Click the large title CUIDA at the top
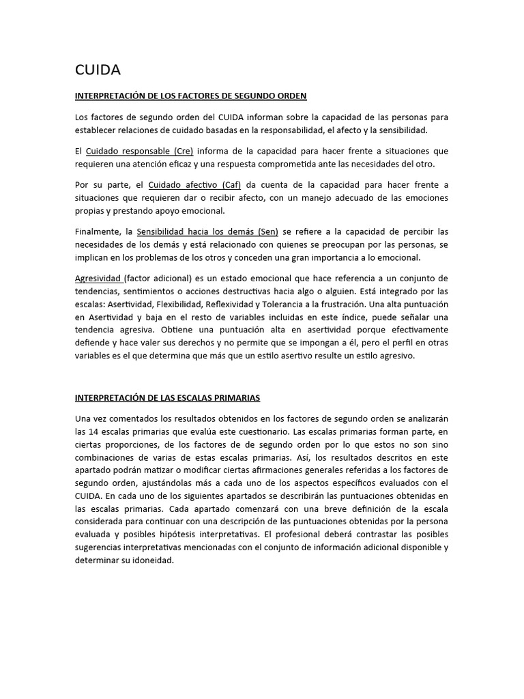98,70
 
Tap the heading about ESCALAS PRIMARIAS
167,397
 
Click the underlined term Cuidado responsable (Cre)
140,151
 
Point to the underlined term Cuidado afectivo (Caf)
194,184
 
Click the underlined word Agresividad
99,279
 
